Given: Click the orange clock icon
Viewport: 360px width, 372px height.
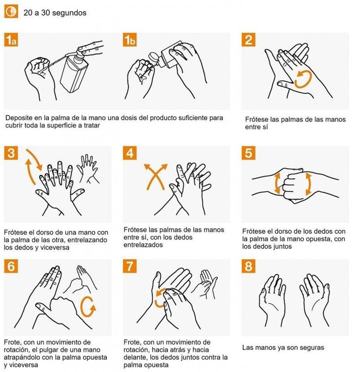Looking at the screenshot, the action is pos(11,11).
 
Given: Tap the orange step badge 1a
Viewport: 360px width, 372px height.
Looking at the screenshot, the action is pos(11,39).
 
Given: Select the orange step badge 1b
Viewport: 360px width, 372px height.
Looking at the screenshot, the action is pos(130,39).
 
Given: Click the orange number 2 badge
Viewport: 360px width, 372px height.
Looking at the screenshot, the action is pos(248,39).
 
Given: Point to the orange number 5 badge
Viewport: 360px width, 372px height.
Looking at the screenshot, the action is pos(248,153).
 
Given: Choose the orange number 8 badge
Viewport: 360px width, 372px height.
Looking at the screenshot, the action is pos(248,266).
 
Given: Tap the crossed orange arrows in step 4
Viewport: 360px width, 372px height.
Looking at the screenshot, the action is pos(155,177).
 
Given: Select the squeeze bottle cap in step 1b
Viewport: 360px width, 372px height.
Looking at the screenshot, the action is pos(154,58).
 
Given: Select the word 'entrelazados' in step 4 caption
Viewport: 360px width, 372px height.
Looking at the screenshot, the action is pos(143,245).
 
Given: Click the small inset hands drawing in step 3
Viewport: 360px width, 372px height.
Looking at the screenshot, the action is pos(88,169).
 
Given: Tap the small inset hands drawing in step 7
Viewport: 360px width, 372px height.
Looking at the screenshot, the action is pos(204,284).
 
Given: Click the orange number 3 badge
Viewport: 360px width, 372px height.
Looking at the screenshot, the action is pos(11,153).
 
